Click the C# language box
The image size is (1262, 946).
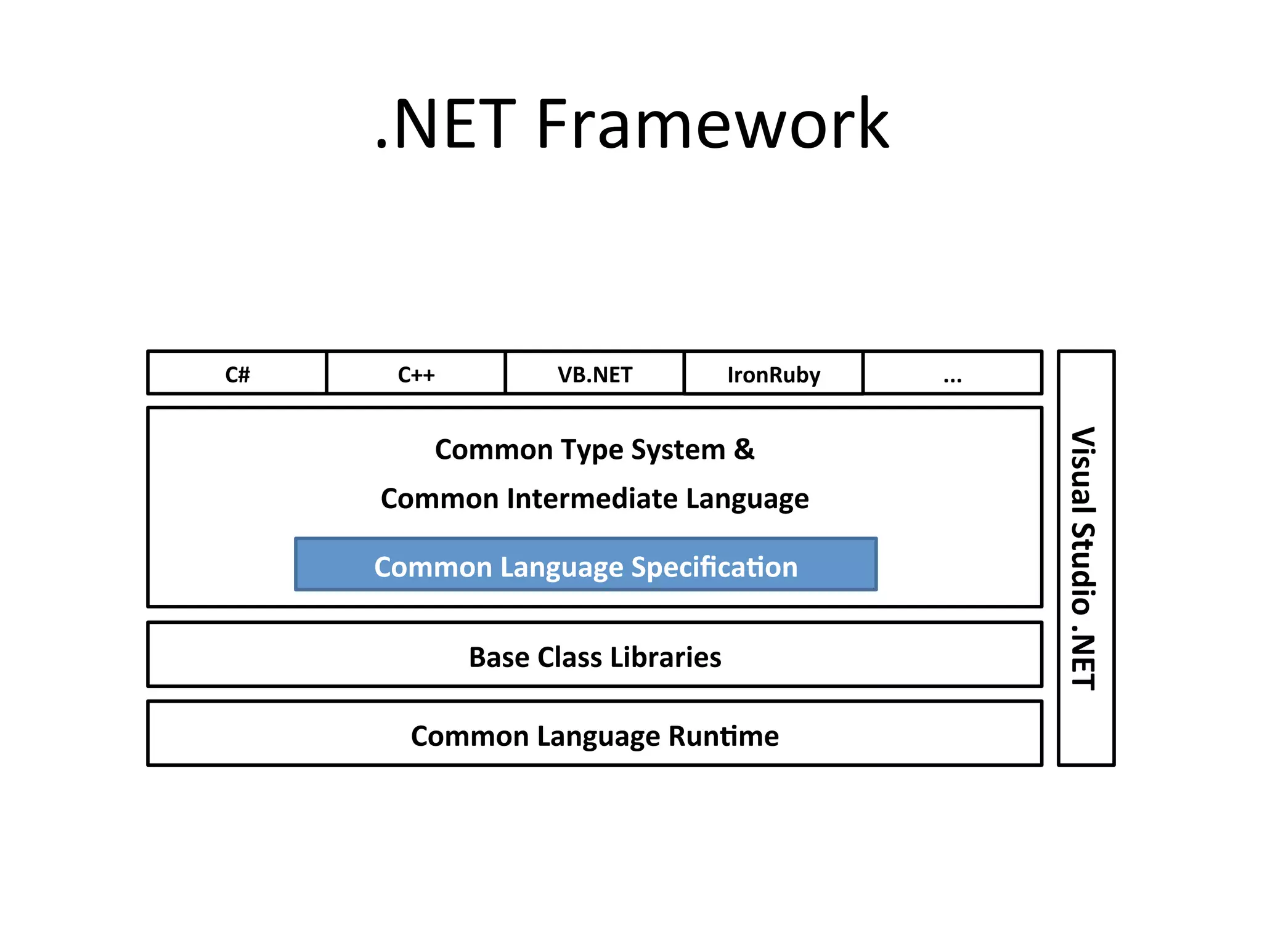(x=237, y=373)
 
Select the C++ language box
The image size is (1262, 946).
(x=416, y=373)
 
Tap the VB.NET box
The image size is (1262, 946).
(x=595, y=373)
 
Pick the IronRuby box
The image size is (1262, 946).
(x=773, y=373)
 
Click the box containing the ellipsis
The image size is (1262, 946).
(x=953, y=373)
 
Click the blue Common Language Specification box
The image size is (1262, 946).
(x=585, y=565)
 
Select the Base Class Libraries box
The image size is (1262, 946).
(x=595, y=655)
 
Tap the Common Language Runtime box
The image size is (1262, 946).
(x=595, y=734)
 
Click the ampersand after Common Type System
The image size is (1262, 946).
(x=744, y=449)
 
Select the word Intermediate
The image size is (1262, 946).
(x=592, y=498)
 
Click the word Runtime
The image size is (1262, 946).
(x=723, y=736)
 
